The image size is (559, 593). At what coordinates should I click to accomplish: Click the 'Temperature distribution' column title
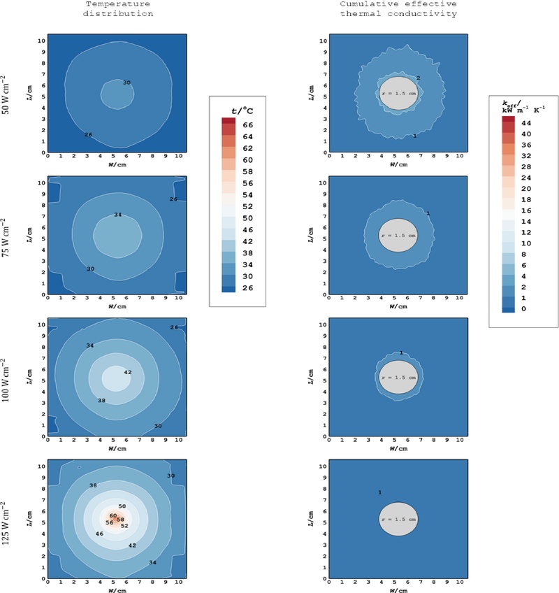(116, 9)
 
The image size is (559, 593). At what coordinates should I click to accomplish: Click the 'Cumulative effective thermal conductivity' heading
(398, 9)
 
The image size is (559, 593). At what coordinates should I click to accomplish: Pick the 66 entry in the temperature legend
(249, 124)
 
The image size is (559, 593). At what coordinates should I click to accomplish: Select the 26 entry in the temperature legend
(249, 287)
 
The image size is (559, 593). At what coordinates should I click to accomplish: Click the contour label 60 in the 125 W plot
(113, 516)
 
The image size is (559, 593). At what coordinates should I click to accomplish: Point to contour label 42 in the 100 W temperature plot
(127, 373)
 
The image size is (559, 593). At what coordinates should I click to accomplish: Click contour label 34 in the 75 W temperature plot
(117, 215)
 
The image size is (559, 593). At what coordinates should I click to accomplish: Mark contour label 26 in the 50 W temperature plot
(88, 134)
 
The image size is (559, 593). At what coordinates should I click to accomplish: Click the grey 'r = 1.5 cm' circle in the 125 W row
(398, 520)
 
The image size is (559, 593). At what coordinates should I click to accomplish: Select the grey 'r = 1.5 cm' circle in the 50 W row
(398, 93)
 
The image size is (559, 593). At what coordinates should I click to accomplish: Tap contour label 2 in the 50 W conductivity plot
(418, 78)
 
